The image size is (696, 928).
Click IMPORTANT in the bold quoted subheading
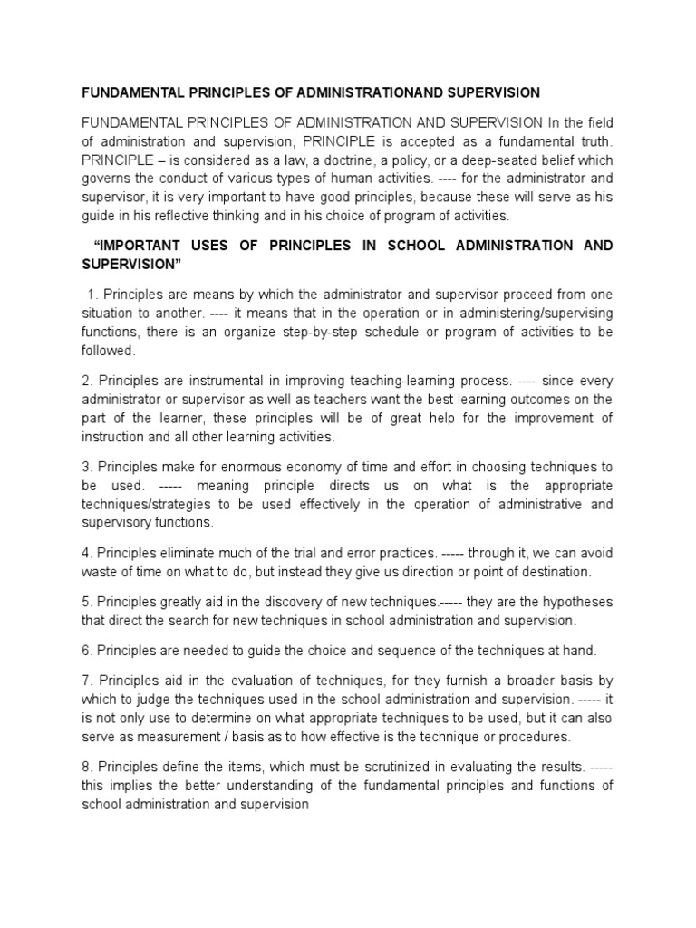click(146, 246)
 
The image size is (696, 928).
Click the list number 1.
click(92, 294)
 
